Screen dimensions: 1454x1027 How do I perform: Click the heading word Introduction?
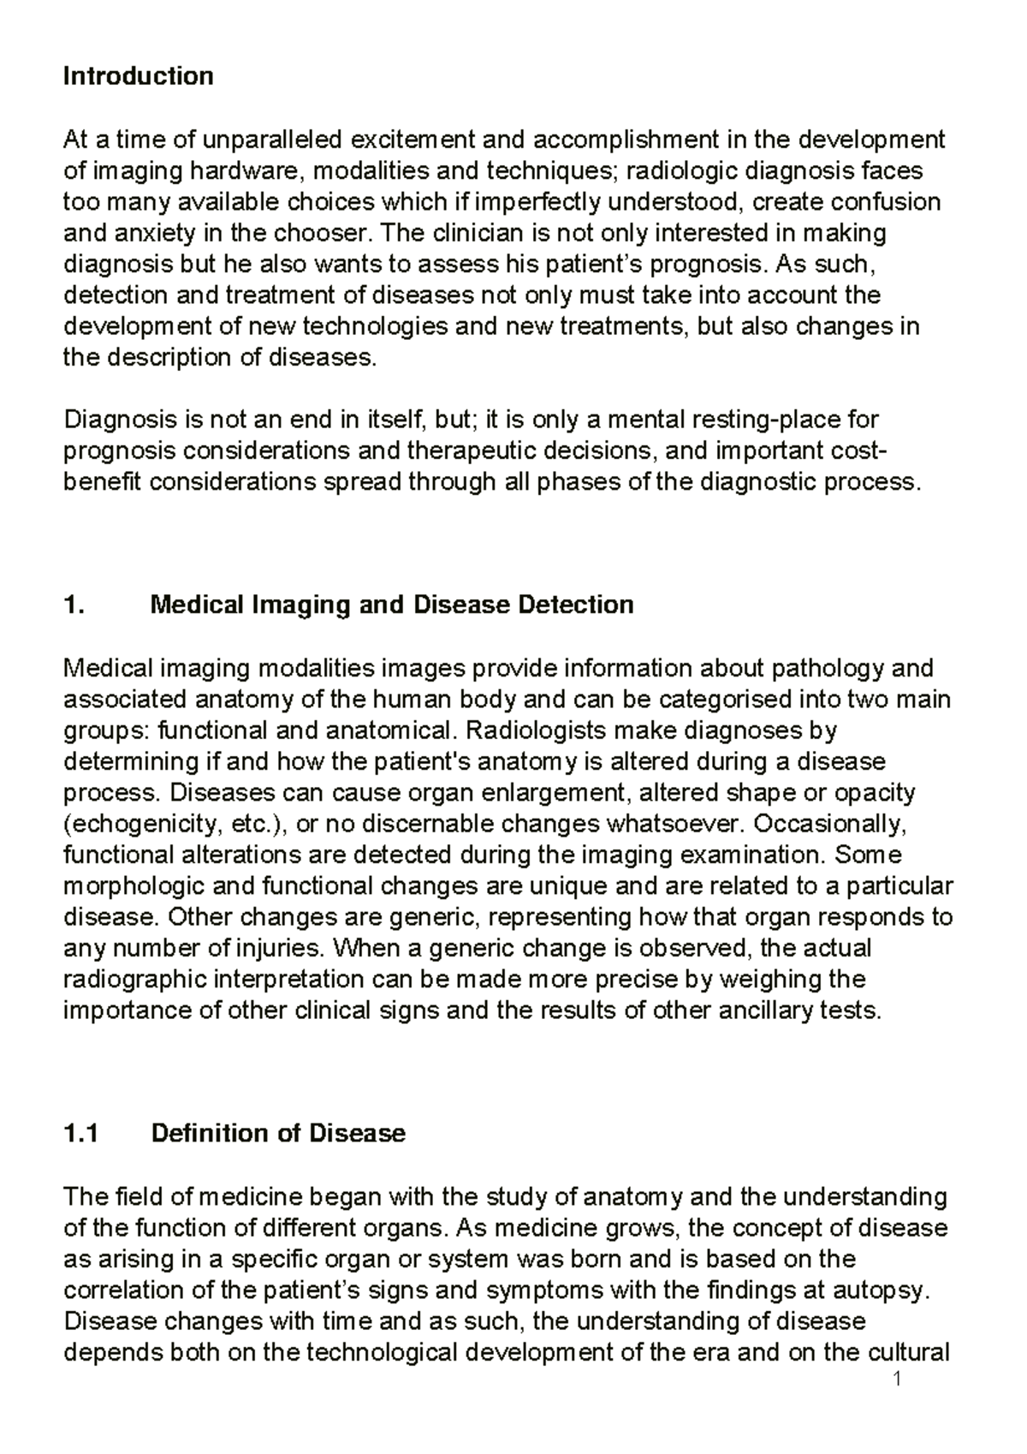click(x=138, y=76)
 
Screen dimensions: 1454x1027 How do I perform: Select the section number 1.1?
click(x=81, y=1133)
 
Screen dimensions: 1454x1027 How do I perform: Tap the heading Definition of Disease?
click(x=277, y=1133)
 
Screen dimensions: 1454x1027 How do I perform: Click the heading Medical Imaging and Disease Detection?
click(x=391, y=605)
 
